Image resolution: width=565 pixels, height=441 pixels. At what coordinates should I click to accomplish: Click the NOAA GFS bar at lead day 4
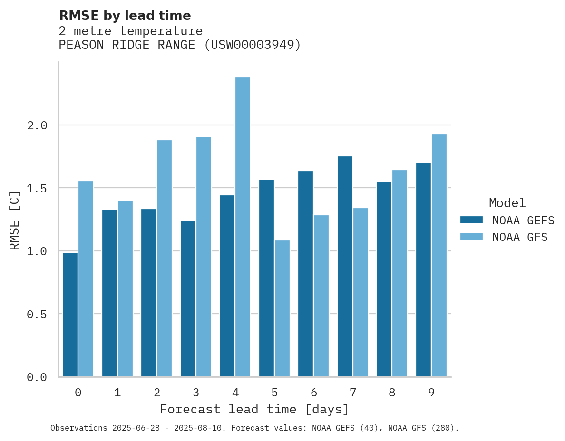[243, 227]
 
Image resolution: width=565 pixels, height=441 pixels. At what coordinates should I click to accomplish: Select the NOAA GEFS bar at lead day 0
[70, 315]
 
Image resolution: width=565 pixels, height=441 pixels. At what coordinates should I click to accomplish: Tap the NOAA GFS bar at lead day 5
[282, 308]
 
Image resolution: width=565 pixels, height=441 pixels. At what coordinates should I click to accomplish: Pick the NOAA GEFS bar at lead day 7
[345, 266]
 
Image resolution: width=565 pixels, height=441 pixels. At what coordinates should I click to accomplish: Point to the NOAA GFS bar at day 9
[439, 255]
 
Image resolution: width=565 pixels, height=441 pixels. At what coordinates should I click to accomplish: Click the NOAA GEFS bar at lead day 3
[188, 298]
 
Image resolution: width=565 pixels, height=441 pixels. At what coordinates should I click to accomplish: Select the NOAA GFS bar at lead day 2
[164, 258]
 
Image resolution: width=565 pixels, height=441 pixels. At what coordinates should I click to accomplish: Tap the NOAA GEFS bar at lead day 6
[305, 274]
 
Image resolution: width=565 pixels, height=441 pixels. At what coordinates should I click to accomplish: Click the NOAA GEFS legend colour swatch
[471, 220]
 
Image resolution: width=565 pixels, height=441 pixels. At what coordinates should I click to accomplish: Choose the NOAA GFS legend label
[520, 237]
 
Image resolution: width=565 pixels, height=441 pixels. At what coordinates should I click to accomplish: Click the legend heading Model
[507, 203]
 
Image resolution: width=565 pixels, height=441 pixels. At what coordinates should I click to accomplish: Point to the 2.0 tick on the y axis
[37, 125]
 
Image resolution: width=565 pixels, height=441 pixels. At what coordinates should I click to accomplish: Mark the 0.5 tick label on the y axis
[37, 314]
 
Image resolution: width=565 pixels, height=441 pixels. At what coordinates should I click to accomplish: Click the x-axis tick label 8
[392, 393]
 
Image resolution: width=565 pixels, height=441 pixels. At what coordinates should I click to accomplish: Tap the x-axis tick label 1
[117, 393]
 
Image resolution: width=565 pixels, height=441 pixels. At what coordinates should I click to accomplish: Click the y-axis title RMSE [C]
[15, 220]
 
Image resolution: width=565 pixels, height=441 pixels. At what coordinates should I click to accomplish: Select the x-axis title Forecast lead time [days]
[254, 409]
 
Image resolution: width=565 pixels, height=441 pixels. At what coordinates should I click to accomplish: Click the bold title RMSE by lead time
[125, 16]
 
